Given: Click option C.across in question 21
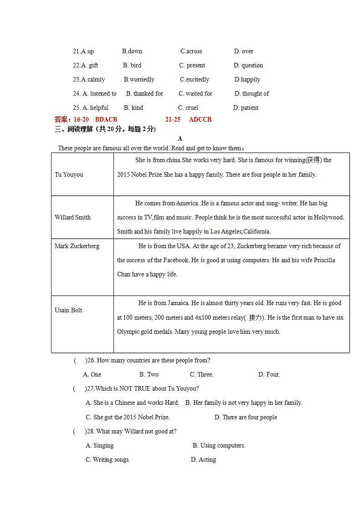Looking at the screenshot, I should (191, 51).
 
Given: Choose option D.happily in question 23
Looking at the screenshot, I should (247, 80).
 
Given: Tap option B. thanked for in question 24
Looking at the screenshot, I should (144, 94).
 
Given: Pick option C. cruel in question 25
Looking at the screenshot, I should (188, 108).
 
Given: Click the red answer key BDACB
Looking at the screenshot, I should (106, 120).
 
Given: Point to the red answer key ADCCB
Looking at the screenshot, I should (200, 120).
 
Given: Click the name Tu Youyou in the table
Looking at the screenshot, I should (69, 175).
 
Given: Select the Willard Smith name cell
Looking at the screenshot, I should (72, 218).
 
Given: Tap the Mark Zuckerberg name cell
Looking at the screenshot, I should (77, 246).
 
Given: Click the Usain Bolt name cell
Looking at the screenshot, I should (68, 310).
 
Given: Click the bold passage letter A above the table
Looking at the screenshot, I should (180, 139).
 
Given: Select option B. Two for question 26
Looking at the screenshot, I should (149, 375).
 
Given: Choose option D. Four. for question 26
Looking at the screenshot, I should (269, 375).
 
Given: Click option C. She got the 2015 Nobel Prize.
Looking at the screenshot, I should (128, 417).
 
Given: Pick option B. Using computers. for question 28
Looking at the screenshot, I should (219, 446).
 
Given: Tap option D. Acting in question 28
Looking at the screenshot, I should (203, 460).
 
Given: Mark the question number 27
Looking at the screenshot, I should (90, 389).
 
